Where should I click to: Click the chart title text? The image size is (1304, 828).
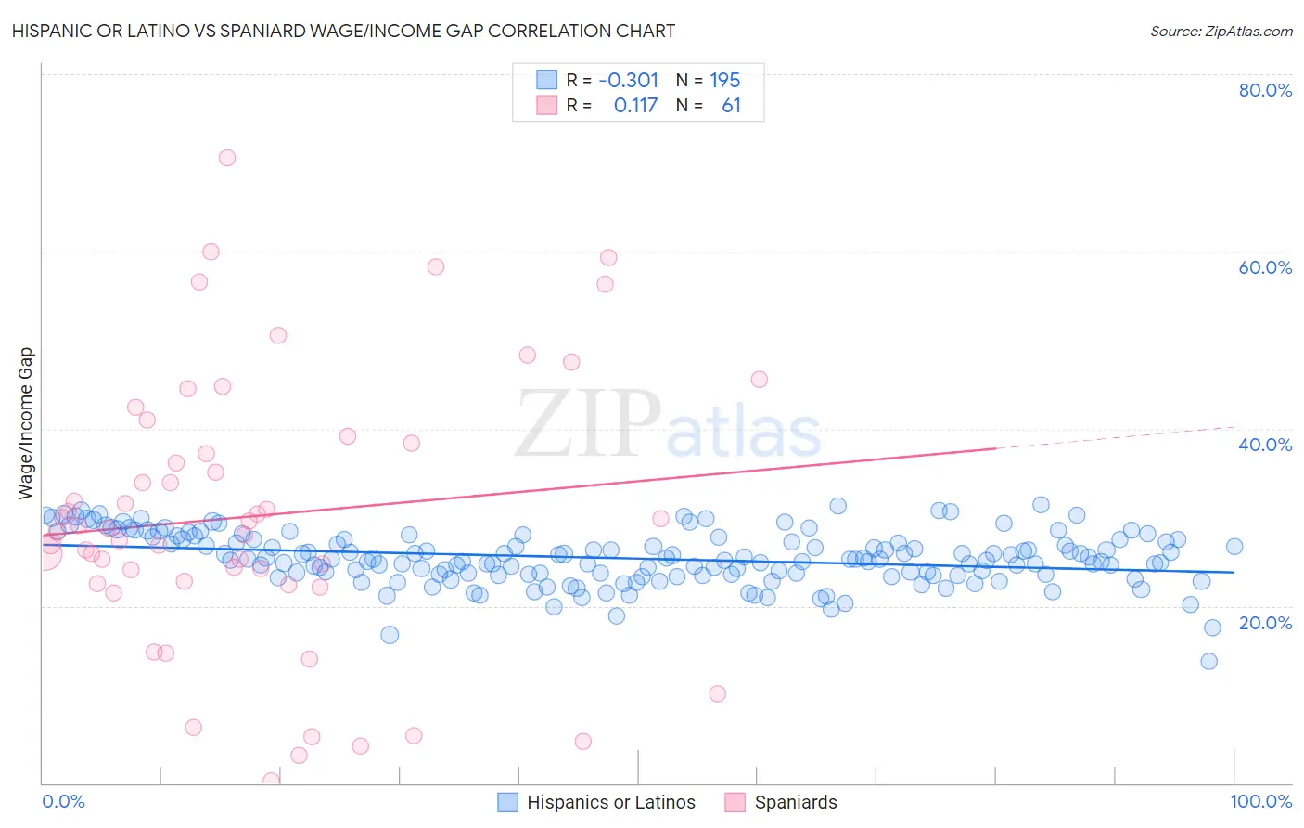[341, 31]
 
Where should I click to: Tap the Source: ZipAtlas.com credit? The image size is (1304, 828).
[1221, 31]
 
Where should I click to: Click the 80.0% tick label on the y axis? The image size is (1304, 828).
[1265, 90]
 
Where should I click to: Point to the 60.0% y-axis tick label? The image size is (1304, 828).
[1265, 267]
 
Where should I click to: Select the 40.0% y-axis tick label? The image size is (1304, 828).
[1265, 445]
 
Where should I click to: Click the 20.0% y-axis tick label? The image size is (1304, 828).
[1265, 623]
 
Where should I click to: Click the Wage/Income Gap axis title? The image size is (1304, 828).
[26, 423]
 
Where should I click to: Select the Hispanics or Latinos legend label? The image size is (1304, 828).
[610, 802]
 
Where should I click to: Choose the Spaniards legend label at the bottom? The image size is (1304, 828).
[796, 802]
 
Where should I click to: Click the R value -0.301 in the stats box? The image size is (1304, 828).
[629, 80]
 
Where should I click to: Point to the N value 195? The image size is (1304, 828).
[725, 80]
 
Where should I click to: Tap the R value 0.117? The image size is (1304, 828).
[635, 106]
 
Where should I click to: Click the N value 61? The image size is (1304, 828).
[731, 106]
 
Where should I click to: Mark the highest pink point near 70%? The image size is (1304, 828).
[226, 158]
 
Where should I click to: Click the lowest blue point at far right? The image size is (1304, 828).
[1208, 661]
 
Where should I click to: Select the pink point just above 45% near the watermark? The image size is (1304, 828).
[759, 379]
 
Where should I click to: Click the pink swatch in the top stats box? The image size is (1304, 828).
[547, 106]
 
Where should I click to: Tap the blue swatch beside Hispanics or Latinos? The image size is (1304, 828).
[507, 802]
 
